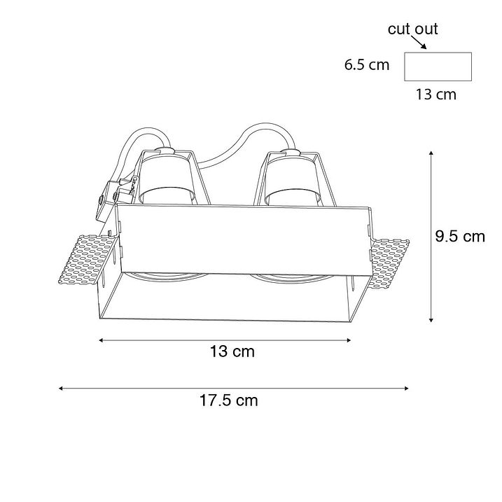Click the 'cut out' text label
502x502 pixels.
[412, 29]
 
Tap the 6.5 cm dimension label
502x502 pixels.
[367, 64]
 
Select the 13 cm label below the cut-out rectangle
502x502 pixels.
[436, 95]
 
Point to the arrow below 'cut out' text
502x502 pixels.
[419, 43]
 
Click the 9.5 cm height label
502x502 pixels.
[460, 237]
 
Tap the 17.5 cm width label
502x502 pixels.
[228, 400]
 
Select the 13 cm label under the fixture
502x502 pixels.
[232, 351]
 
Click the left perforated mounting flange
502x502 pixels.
[86, 260]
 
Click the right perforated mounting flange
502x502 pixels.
[390, 263]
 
